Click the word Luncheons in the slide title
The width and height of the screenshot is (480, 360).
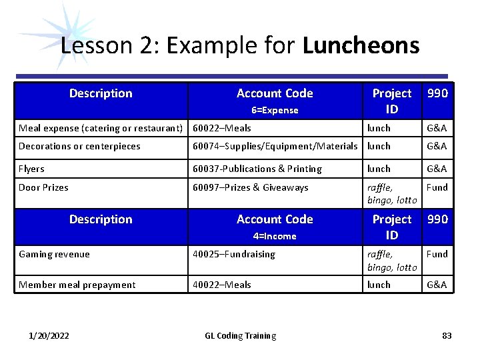[361, 46]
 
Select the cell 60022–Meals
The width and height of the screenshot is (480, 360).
[222, 128]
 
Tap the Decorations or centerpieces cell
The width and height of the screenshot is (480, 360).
[79, 146]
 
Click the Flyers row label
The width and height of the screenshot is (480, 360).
[32, 169]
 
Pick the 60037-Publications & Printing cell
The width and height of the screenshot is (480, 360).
[257, 169]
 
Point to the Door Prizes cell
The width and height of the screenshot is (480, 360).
[43, 187]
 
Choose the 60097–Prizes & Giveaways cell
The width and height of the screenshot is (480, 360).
[251, 187]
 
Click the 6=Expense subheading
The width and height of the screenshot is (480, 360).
[275, 110]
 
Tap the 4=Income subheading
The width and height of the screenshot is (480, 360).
[275, 236]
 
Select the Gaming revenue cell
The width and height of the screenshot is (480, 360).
[54, 254]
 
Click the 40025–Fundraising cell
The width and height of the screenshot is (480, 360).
[233, 254]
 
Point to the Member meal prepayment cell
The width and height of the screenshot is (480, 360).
[77, 285]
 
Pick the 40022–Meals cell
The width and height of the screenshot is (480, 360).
[222, 285]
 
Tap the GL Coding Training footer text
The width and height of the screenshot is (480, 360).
[240, 335]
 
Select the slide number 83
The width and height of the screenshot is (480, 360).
[447, 335]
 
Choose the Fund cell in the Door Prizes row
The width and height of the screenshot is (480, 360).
[437, 187]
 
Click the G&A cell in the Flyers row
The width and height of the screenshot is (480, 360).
[437, 169]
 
